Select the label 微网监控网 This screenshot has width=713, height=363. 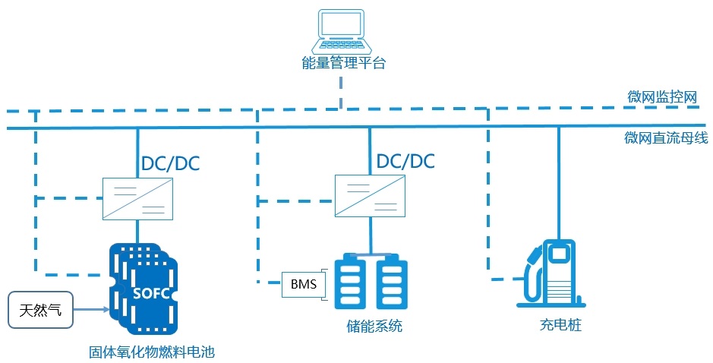(662, 97)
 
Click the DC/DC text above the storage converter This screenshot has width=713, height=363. (405, 161)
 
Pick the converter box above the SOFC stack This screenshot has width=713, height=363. (137, 198)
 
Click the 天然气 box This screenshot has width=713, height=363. (41, 310)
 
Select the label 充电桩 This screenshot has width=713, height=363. (560, 327)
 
